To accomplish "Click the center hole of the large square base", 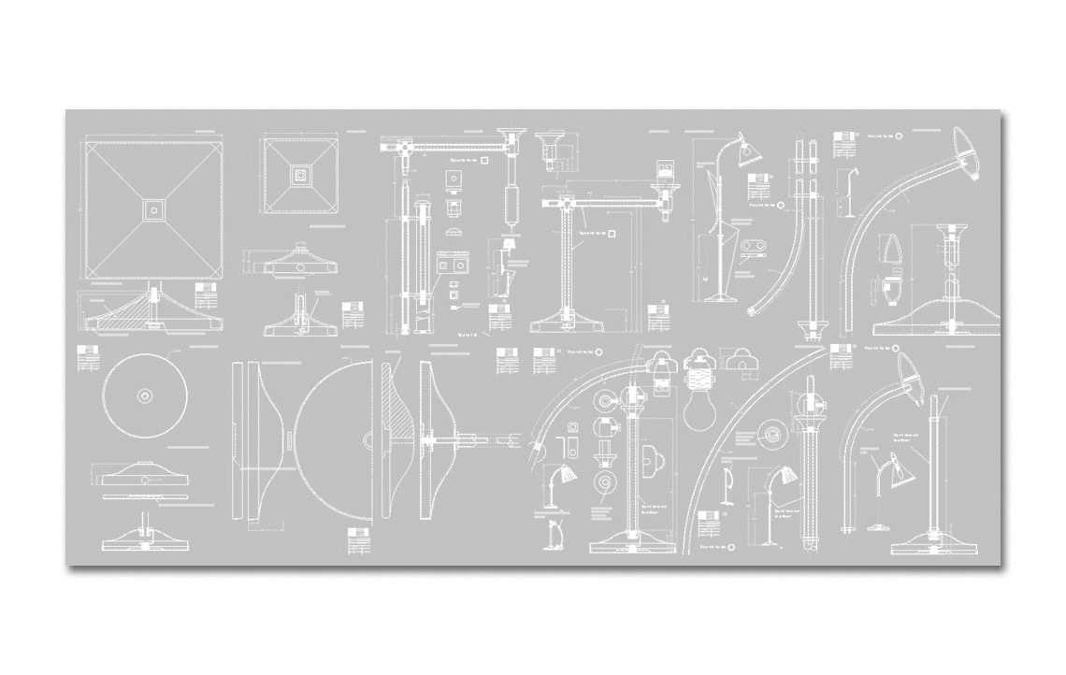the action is coord(153,208).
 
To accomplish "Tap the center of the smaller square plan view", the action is coord(299,173).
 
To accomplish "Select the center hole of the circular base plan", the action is coord(144,395).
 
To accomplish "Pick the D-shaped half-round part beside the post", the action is coord(652,461).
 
